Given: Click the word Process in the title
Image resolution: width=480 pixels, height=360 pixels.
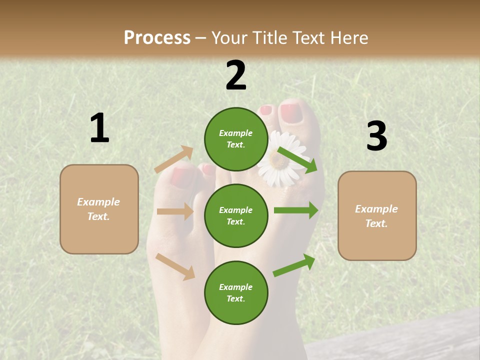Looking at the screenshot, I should click(x=157, y=38).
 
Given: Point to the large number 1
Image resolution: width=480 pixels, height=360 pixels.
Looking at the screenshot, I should click(x=99, y=128).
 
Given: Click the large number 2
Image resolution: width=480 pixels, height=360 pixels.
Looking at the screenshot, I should click(x=236, y=75).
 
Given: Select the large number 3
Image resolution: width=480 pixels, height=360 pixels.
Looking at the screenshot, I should click(x=376, y=136).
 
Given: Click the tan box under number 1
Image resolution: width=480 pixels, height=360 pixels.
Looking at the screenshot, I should click(x=99, y=209).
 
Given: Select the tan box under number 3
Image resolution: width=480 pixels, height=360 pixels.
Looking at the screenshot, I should click(x=377, y=215).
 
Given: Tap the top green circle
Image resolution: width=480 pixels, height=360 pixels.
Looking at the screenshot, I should click(x=236, y=139).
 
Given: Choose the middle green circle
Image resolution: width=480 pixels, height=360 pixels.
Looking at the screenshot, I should click(x=236, y=215).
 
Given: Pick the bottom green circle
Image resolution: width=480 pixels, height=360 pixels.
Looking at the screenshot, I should click(x=236, y=292).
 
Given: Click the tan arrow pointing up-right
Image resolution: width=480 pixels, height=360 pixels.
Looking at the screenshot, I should click(x=174, y=159).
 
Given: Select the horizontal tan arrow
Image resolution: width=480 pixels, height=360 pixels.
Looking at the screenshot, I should click(x=175, y=211).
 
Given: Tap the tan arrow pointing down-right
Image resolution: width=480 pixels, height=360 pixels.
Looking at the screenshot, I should click(x=175, y=266).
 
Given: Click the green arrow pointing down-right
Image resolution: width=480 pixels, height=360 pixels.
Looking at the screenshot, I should click(x=297, y=160).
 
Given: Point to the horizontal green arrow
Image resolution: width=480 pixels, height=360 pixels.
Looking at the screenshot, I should click(x=295, y=210).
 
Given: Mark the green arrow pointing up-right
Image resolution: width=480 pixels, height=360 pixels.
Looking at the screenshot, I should click(x=294, y=265).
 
